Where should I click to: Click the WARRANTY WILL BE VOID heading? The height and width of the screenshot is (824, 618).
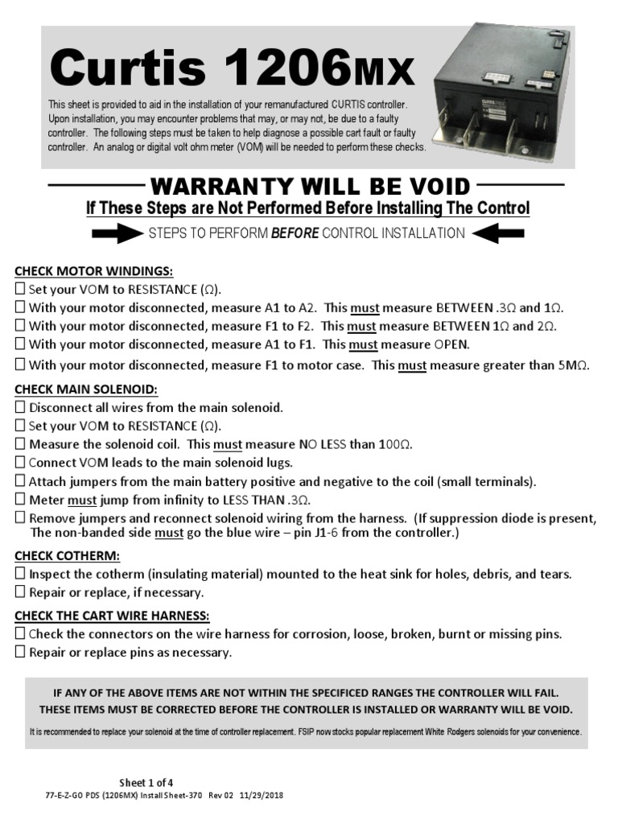pos(310,187)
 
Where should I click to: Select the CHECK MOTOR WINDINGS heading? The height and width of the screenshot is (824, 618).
pos(93,271)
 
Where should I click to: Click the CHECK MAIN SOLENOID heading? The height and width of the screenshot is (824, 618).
pos(86,389)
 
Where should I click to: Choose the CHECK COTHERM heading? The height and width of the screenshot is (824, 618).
pos(68,556)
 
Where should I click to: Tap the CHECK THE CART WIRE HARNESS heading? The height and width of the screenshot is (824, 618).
pos(112,616)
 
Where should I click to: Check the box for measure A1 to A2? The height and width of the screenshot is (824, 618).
pos(21,308)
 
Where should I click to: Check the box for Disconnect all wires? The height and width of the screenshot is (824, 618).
pos(21,408)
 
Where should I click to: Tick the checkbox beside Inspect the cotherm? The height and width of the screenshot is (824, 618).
pos(21,575)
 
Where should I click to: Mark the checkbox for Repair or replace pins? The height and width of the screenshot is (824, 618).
pos(21,653)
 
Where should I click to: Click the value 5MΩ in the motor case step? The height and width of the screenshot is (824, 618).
pos(573,365)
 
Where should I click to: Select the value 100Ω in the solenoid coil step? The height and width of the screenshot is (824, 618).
pos(395,444)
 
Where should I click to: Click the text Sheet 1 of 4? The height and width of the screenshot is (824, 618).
pos(146,782)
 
